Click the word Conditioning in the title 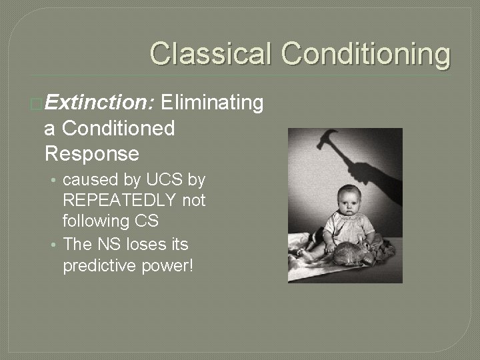click(365, 54)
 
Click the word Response click(92, 153)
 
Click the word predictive click(95, 265)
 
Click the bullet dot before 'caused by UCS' click(55, 181)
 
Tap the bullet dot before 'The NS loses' click(55, 245)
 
